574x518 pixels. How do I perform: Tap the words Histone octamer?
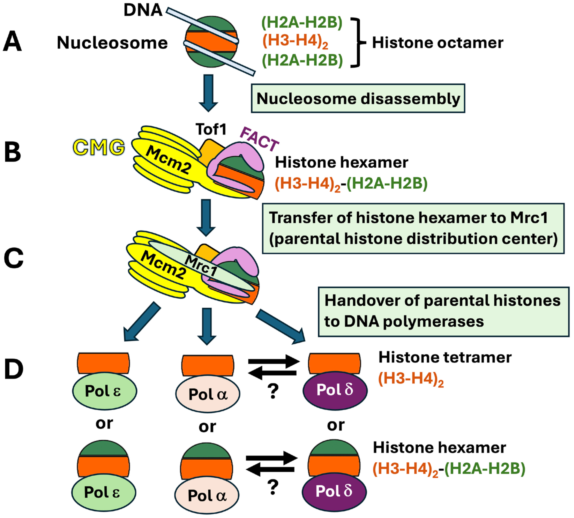coord(437,43)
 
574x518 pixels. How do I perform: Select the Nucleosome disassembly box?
coord(358,98)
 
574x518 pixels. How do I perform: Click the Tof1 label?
coord(211,129)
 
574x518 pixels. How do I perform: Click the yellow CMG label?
coord(99,147)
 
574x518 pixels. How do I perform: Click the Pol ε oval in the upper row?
coord(104,391)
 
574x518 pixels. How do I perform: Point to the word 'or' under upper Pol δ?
coord(336,426)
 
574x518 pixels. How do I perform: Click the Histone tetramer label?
coord(445,357)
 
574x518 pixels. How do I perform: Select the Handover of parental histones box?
coord(443,312)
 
